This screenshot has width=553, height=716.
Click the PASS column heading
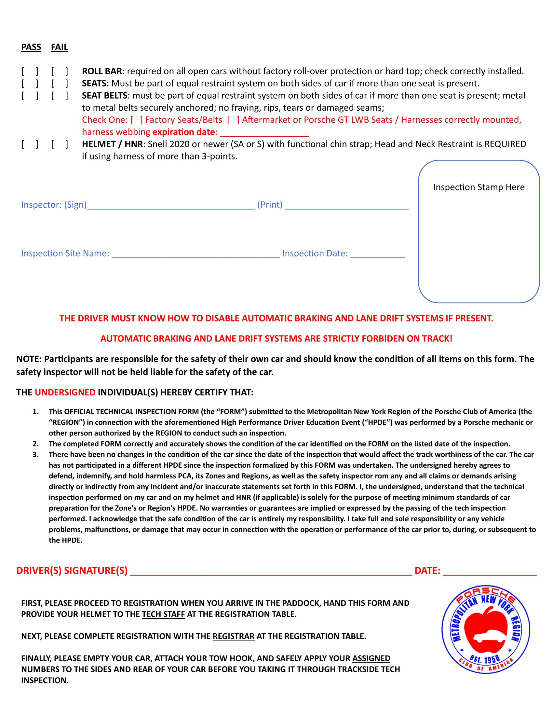pos(31,47)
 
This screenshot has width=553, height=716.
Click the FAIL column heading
pos(59,47)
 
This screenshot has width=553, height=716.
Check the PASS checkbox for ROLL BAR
pos(30,71)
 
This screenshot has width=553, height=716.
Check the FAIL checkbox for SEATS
pos(59,83)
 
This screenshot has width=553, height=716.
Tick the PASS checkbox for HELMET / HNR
pos(30,144)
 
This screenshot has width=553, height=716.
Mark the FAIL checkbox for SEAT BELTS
pos(59,95)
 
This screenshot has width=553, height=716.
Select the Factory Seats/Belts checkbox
pos(137,120)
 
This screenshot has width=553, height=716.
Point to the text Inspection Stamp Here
pos(478,187)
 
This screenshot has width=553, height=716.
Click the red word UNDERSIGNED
pos(65,392)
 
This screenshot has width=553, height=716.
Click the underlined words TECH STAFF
pos(163,614)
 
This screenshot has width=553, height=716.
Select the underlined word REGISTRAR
pos(233,636)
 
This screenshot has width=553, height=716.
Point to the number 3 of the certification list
pos(35,454)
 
